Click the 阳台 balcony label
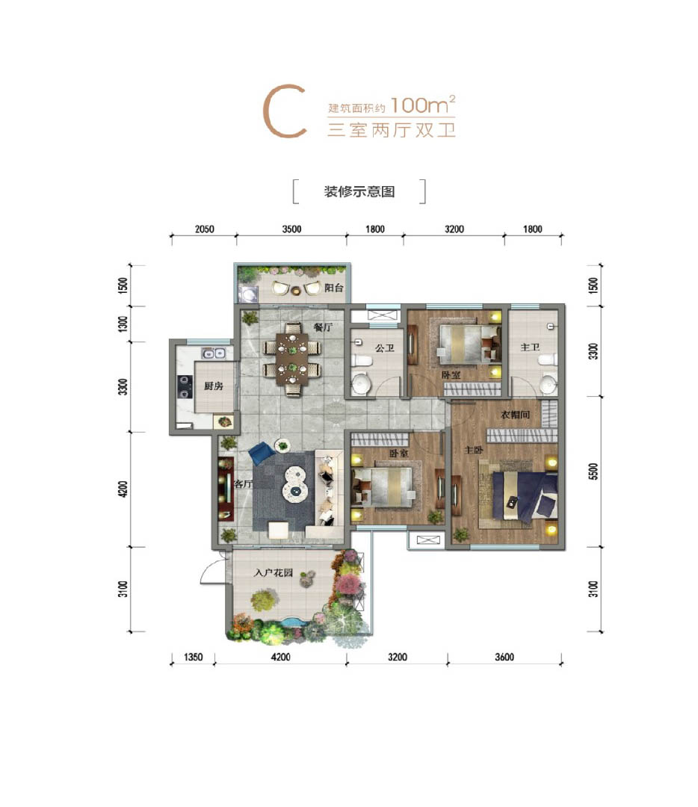click(333, 288)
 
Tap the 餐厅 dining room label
click(324, 327)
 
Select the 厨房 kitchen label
click(214, 386)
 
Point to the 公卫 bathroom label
click(385, 348)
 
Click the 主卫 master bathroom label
click(530, 347)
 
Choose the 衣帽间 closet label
click(515, 414)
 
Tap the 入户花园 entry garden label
click(274, 572)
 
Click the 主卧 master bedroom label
click(474, 450)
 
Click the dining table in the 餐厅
click(292, 359)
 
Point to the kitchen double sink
click(214, 353)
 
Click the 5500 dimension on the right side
click(593, 471)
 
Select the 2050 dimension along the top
click(204, 229)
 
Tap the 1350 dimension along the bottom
click(193, 657)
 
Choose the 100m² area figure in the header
click(423, 105)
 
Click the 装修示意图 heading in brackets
click(359, 191)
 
